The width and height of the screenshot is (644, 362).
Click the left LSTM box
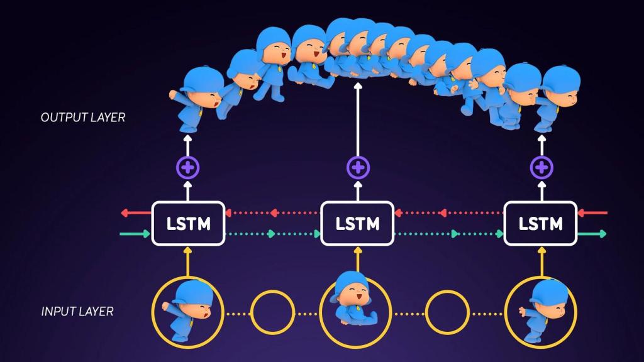click(x=188, y=223)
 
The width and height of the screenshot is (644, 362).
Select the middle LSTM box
click(x=357, y=223)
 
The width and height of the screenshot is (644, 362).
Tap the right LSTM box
click(x=541, y=223)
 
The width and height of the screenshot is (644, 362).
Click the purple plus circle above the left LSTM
click(x=187, y=168)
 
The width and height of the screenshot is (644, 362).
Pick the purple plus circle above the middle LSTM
click(x=358, y=168)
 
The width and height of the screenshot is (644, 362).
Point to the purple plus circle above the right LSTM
click(x=541, y=168)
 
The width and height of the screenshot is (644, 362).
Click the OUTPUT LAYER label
click(x=82, y=118)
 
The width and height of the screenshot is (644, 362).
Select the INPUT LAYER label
click(x=77, y=311)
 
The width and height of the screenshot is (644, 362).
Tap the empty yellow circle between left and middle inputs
click(x=272, y=312)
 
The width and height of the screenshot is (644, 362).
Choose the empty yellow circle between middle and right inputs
click(x=447, y=312)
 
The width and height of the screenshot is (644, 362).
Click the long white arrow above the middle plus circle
click(x=358, y=119)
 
